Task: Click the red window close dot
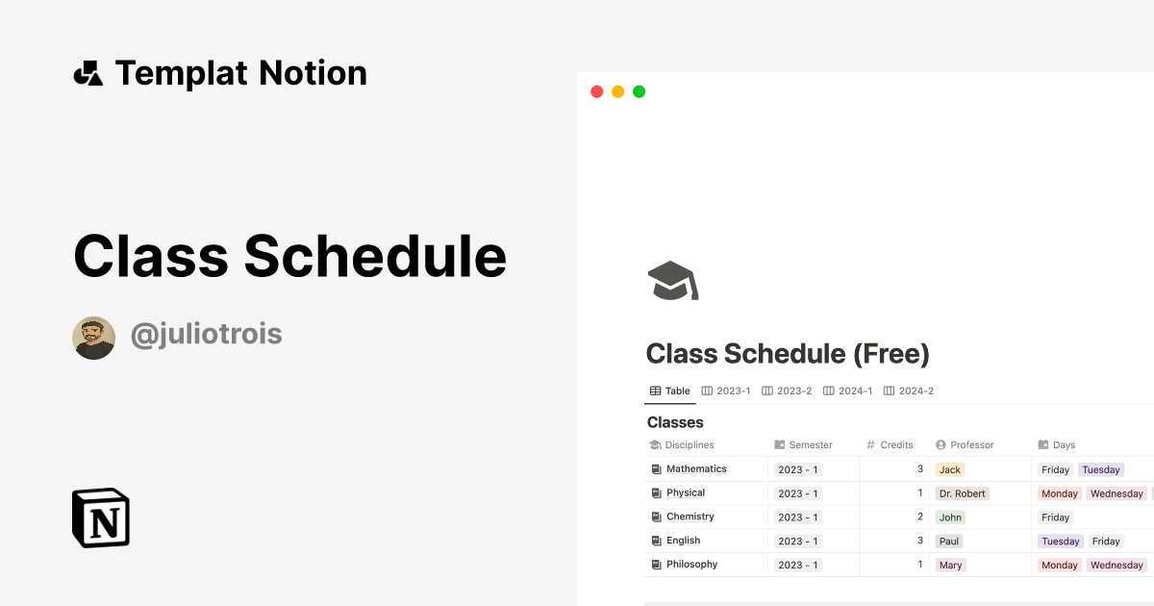tap(596, 91)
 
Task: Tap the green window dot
tap(639, 91)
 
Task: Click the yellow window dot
tap(617, 91)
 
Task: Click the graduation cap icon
tap(673, 280)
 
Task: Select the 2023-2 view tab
tap(787, 391)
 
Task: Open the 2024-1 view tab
tap(847, 391)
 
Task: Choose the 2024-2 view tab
tap(909, 391)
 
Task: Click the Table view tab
tap(670, 391)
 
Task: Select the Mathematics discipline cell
tap(696, 469)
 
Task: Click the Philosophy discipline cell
tap(691, 565)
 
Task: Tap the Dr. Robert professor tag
tap(963, 493)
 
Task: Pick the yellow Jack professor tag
tap(950, 469)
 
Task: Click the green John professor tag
tap(950, 518)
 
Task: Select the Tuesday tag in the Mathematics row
tap(1101, 469)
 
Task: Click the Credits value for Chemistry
tap(919, 518)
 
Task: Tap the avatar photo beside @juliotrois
tap(94, 338)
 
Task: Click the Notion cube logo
tap(101, 518)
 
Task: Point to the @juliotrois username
tap(206, 335)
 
